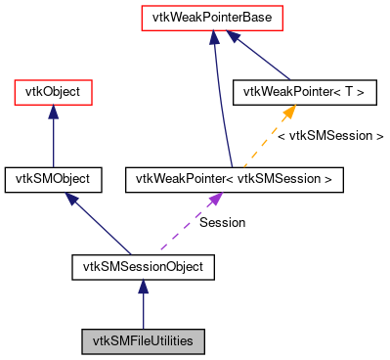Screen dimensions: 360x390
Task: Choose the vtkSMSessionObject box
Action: [x=143, y=264]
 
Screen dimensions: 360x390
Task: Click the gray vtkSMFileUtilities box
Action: [x=143, y=341]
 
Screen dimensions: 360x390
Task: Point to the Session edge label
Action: [x=222, y=222]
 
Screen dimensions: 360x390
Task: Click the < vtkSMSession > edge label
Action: [x=330, y=136]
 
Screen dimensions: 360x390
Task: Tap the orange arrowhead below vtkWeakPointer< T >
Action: [x=290, y=112]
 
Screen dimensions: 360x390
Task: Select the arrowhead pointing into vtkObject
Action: [x=53, y=112]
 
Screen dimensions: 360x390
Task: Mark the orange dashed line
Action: [x=264, y=142]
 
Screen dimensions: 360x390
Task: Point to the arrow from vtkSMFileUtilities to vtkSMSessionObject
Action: [x=143, y=308]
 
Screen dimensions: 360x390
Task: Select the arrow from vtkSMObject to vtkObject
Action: [x=53, y=142]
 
